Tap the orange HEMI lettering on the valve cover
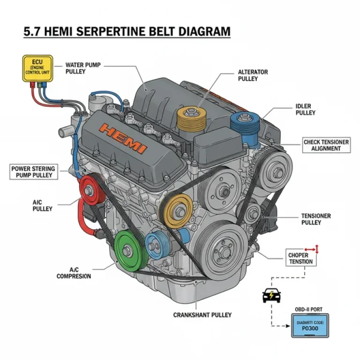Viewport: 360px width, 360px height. point(124,137)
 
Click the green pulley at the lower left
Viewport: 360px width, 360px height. point(130,250)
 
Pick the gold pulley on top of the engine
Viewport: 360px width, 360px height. point(193,120)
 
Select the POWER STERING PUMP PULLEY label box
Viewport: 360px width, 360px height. point(33,172)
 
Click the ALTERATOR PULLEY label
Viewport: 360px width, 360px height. point(253,75)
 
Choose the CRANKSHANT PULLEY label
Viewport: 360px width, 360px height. point(202,315)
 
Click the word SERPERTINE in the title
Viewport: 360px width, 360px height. point(121,31)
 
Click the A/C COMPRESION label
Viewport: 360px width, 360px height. point(74,273)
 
